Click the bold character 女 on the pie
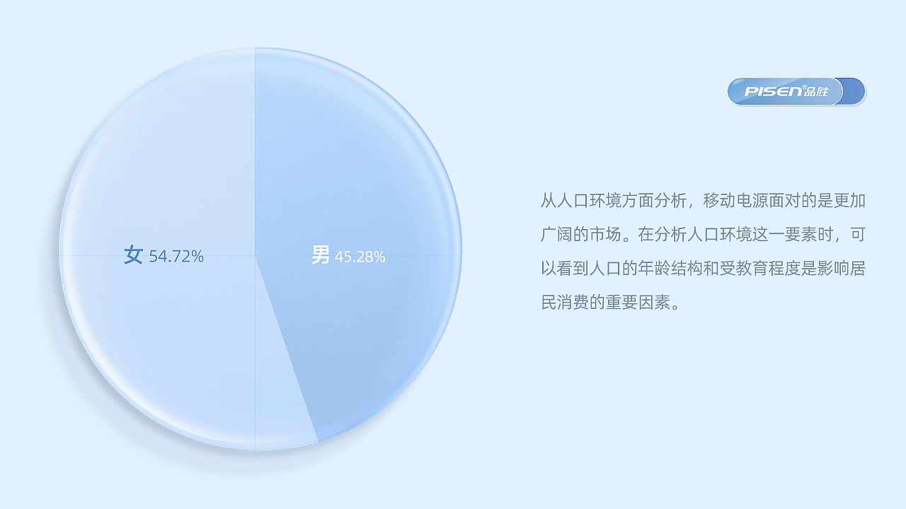click(x=134, y=255)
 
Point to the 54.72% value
click(x=176, y=257)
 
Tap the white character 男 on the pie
click(x=321, y=255)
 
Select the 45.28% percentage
click(x=360, y=257)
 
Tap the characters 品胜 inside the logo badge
click(x=815, y=91)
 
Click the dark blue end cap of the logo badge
click(x=854, y=91)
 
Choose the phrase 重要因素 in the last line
click(x=638, y=303)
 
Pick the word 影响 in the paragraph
click(x=833, y=269)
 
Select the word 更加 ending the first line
click(x=849, y=200)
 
